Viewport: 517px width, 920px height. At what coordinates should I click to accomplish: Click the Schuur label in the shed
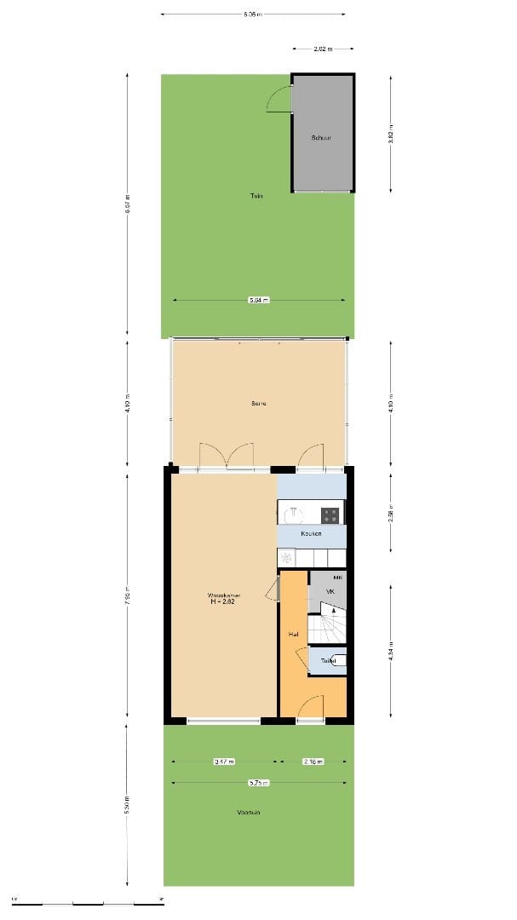click(321, 136)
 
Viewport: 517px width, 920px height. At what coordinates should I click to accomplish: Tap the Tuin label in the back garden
click(256, 196)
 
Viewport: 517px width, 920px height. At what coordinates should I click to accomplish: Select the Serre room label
click(258, 403)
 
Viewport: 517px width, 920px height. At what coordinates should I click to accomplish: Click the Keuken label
click(311, 533)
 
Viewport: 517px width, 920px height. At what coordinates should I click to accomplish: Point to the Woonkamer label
click(223, 595)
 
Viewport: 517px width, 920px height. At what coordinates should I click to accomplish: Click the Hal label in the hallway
click(292, 635)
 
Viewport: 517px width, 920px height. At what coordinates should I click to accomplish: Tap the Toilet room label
click(329, 660)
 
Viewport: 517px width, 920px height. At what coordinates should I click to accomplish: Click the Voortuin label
click(249, 813)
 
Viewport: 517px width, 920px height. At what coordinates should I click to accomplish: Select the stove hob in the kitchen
click(330, 514)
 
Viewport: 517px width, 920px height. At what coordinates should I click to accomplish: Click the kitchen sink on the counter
click(287, 558)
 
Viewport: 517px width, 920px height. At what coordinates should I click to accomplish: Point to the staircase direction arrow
click(334, 611)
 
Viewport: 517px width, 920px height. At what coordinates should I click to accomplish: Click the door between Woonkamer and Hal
click(273, 588)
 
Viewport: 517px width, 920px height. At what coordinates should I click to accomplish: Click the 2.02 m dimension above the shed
click(323, 49)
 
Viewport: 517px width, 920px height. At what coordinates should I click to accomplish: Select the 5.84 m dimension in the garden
click(258, 300)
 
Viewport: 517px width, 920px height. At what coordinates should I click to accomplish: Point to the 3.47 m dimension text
click(224, 762)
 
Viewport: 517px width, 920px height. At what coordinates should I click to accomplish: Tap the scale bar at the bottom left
click(85, 900)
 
